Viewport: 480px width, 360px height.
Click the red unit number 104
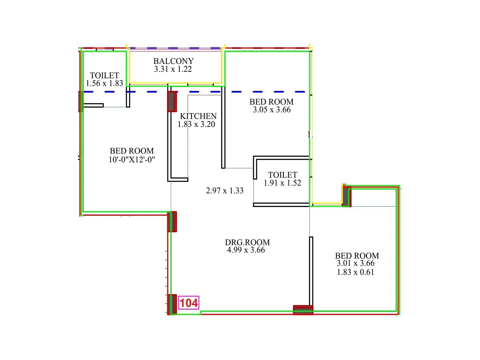pyautogui.click(x=189, y=303)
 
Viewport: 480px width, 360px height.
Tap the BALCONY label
pyautogui.click(x=173, y=61)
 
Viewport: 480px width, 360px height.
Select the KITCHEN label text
pyautogui.click(x=198, y=116)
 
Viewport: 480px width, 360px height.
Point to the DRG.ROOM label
pyautogui.click(x=247, y=242)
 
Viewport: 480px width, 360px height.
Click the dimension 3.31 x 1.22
pyautogui.click(x=173, y=69)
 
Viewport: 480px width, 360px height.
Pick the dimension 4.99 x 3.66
pyautogui.click(x=246, y=250)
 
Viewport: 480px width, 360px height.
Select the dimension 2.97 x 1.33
pyautogui.click(x=225, y=191)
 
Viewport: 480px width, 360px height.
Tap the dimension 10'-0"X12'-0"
pyautogui.click(x=132, y=160)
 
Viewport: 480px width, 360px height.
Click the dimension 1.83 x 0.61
pyautogui.click(x=355, y=272)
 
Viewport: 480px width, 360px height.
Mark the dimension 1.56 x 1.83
pyautogui.click(x=104, y=83)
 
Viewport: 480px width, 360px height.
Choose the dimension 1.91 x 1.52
pyautogui.click(x=282, y=183)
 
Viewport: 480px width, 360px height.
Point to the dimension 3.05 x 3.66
pyautogui.click(x=272, y=110)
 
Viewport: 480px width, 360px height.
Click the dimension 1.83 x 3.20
pyautogui.click(x=196, y=124)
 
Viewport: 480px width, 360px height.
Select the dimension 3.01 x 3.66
pyautogui.click(x=355, y=263)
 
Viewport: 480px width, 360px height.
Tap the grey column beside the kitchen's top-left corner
pyautogui.click(x=171, y=101)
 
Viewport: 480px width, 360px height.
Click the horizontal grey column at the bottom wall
pyautogui.click(x=303, y=310)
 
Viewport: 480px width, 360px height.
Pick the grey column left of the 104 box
pyautogui.click(x=172, y=304)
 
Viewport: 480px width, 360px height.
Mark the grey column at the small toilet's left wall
pyautogui.click(x=80, y=101)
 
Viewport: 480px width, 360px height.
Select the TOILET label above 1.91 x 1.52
pyautogui.click(x=283, y=175)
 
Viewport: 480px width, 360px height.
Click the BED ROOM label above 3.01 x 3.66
pyautogui.click(x=357, y=256)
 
